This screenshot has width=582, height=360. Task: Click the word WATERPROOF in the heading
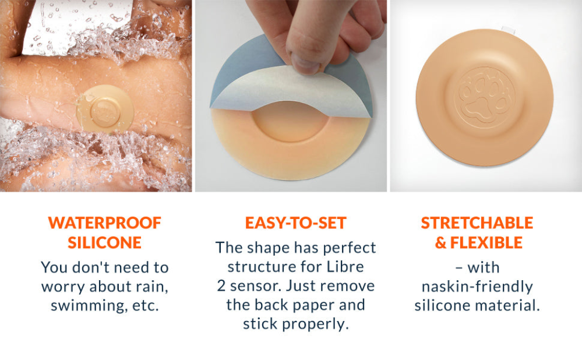point(104,223)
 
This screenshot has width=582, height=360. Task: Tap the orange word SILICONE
point(104,242)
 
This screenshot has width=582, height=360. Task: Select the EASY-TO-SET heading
point(296,223)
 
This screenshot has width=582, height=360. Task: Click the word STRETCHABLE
point(477,223)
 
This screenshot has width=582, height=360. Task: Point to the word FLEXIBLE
point(486,242)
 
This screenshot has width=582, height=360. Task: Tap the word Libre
point(345,266)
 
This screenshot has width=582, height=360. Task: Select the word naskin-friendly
point(477,287)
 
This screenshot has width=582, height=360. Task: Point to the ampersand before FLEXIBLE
point(440,243)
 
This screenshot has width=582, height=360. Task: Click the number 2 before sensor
point(221,286)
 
